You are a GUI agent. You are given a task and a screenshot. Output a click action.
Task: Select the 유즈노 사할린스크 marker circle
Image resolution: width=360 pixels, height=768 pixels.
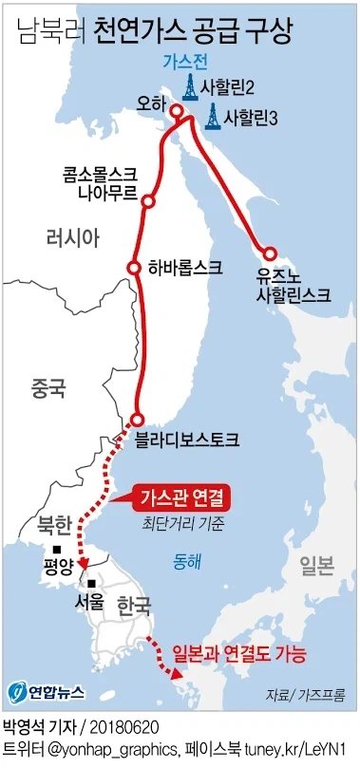pyautogui.click(x=269, y=254)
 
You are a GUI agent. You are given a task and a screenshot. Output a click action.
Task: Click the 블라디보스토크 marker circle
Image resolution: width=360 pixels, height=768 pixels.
pyautogui.click(x=138, y=420)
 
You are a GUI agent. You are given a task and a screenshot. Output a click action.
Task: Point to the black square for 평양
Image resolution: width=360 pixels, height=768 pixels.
pyautogui.click(x=59, y=552)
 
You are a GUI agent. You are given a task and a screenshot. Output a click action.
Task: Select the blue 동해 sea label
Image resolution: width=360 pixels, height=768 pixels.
pyautogui.click(x=182, y=561)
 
